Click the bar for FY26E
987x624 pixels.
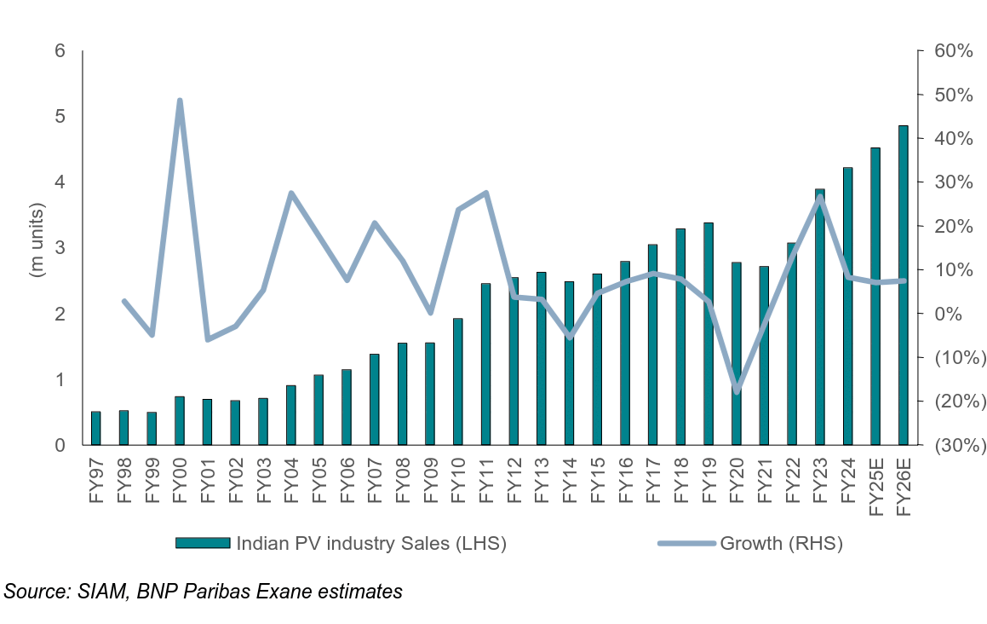(x=903, y=286)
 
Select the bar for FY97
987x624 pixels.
(x=96, y=428)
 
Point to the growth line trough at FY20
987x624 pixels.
(x=736, y=391)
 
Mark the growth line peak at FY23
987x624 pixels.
(x=819, y=197)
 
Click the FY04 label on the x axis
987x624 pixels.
(x=291, y=485)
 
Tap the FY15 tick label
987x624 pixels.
(x=597, y=485)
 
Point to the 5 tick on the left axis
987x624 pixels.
(x=60, y=116)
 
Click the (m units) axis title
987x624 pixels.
(x=37, y=241)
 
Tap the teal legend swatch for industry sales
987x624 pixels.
(x=203, y=543)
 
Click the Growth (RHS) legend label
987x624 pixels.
(x=781, y=543)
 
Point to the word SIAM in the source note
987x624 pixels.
(x=100, y=591)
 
